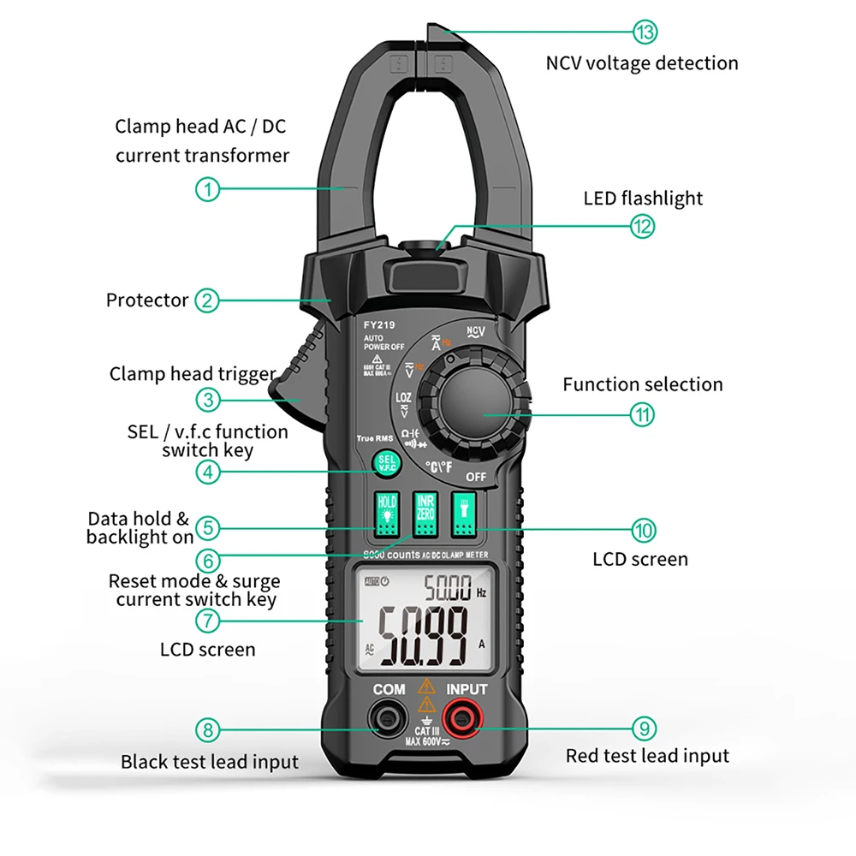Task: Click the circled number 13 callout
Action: pos(645,33)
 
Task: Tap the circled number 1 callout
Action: pos(208,188)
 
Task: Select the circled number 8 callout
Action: pos(208,730)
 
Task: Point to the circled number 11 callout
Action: pos(643,415)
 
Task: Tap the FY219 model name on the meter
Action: pos(377,325)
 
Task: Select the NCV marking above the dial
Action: pos(476,331)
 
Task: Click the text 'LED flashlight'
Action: pos(643,199)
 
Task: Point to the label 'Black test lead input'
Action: pos(210,762)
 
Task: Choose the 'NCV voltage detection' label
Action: pos(642,63)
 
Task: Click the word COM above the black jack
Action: pos(389,689)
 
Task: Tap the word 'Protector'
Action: pos(147,300)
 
